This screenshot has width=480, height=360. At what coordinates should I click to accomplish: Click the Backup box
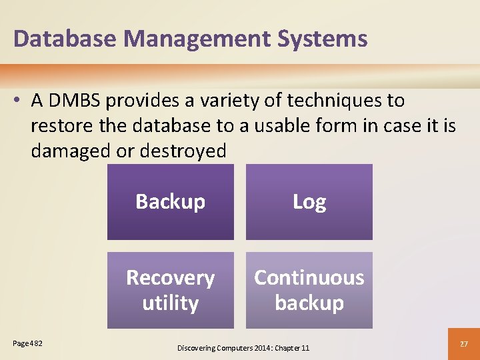coord(171,202)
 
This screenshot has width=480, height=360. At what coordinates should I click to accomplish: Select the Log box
coord(309,202)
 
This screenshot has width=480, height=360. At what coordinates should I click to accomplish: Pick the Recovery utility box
coord(171,290)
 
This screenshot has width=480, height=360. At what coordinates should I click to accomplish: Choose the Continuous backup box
coord(309,290)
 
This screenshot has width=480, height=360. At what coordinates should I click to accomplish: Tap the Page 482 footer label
coord(27,343)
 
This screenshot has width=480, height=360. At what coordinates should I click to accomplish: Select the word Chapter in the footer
coord(285,347)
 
